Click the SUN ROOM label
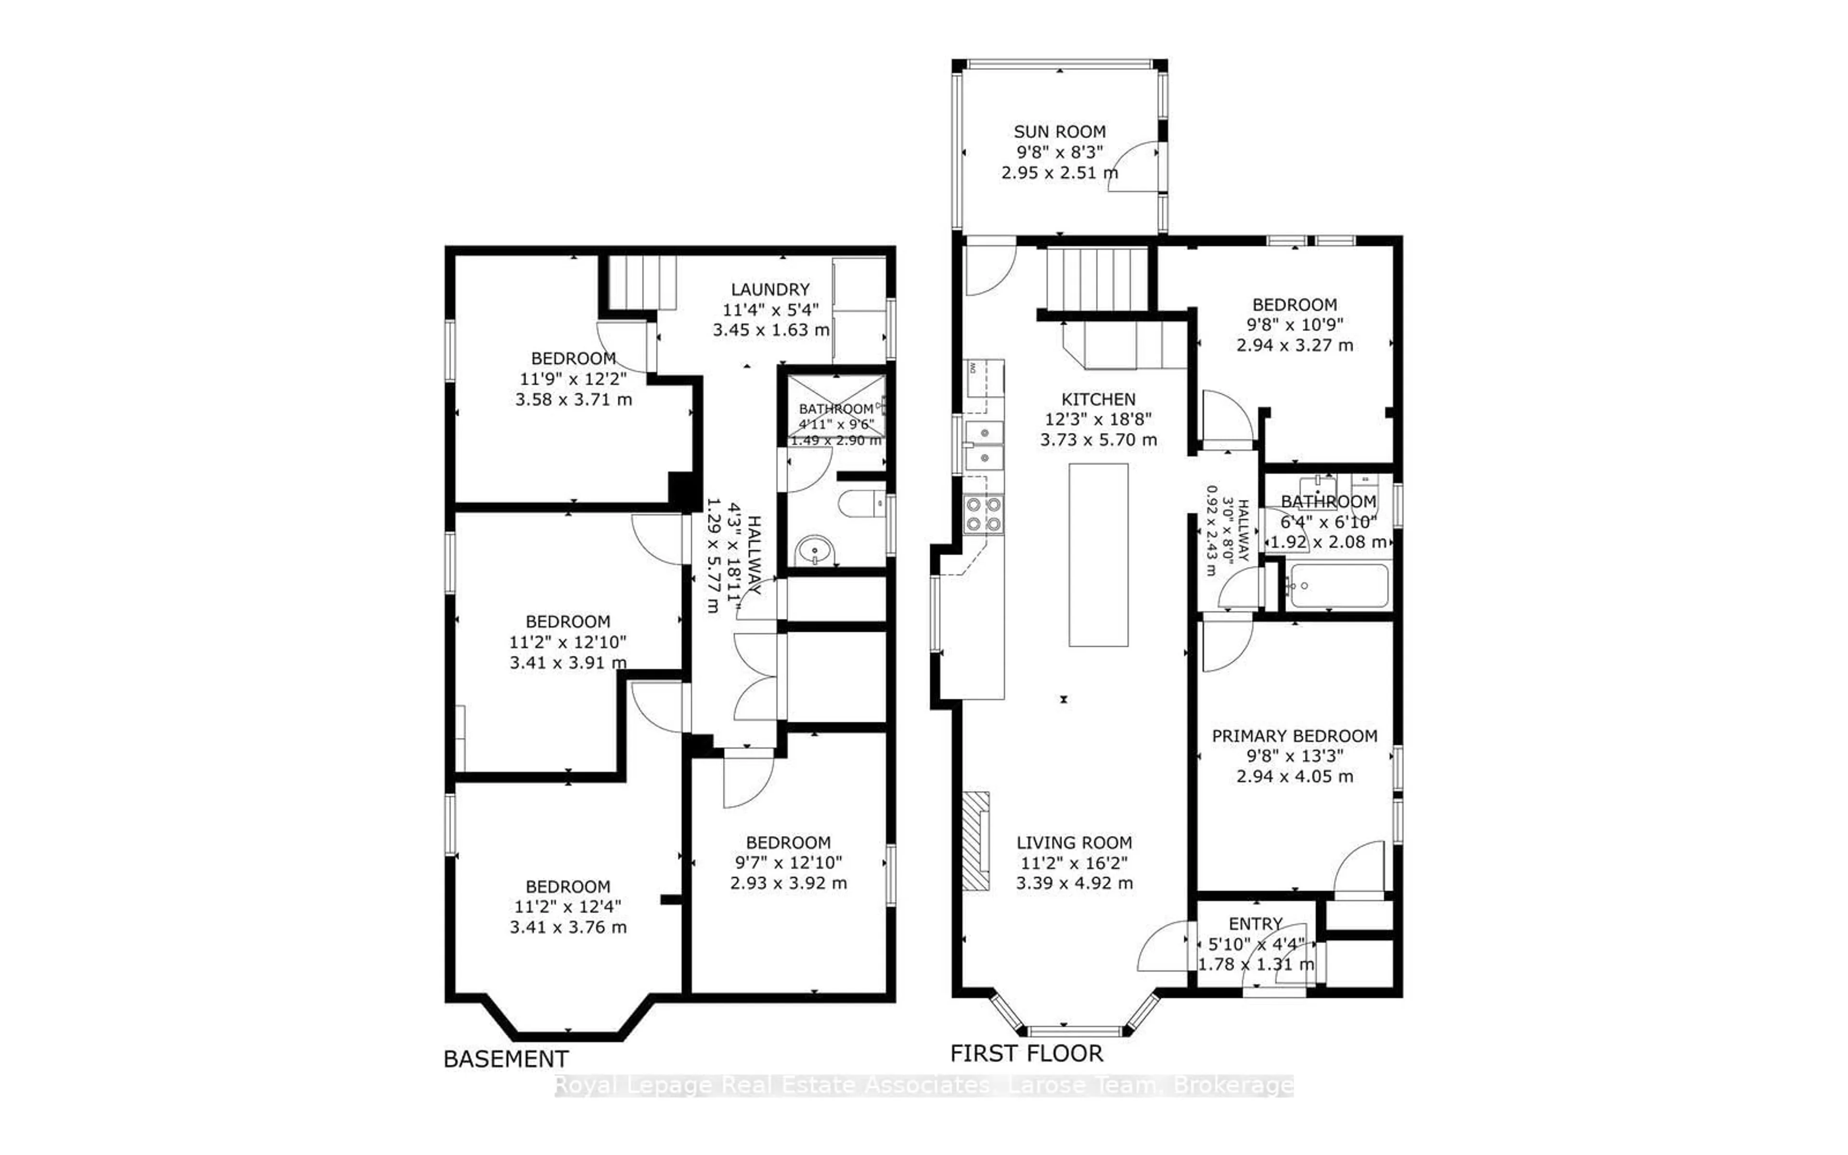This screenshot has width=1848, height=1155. pyautogui.click(x=1059, y=131)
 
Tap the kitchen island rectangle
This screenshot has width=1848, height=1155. pyautogui.click(x=1098, y=554)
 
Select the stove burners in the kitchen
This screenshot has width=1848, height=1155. pyautogui.click(x=984, y=514)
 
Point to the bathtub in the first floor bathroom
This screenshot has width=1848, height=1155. pyautogui.click(x=1338, y=586)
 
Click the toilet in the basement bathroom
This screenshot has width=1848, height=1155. pyautogui.click(x=859, y=503)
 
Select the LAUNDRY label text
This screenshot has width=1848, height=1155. pyautogui.click(x=770, y=290)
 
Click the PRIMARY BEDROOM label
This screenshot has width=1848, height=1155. pyautogui.click(x=1295, y=736)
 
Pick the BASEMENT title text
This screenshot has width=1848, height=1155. pyautogui.click(x=505, y=1059)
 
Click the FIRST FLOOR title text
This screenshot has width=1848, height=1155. pyautogui.click(x=1027, y=1053)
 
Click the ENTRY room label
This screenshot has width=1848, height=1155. pyautogui.click(x=1255, y=924)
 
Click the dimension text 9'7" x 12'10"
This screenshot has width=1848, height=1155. pyautogui.click(x=788, y=862)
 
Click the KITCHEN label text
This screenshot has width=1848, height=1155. pyautogui.click(x=1098, y=399)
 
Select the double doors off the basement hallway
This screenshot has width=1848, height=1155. pyautogui.click(x=756, y=677)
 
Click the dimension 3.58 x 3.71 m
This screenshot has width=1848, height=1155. pyautogui.click(x=574, y=399)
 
